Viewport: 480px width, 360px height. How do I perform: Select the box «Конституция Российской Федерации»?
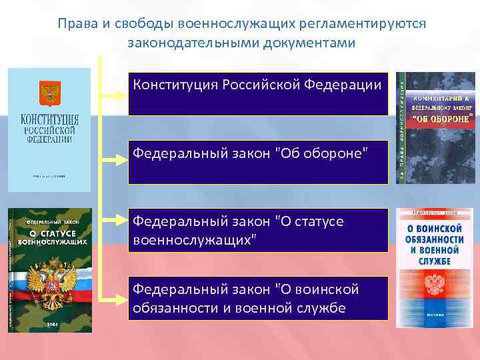tap(257, 94)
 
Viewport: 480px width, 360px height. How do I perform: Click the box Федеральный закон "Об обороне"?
tap(257, 162)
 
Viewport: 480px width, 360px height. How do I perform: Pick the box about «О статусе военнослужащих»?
tap(257, 230)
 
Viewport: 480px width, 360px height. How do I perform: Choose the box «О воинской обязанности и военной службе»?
tap(257, 298)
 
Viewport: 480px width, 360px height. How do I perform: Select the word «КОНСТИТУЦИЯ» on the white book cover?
tap(49, 120)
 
